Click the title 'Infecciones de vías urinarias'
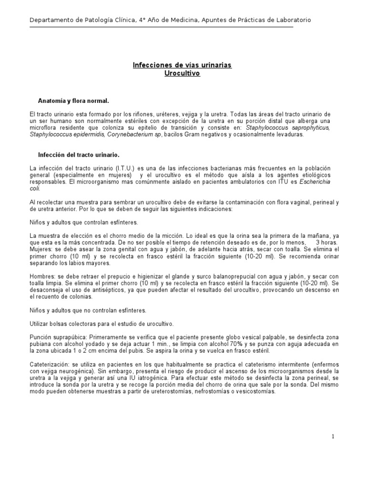(x=182, y=65)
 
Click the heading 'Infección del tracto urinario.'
(x=79, y=155)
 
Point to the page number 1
(x=334, y=437)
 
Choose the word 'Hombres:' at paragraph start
(x=41, y=276)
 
